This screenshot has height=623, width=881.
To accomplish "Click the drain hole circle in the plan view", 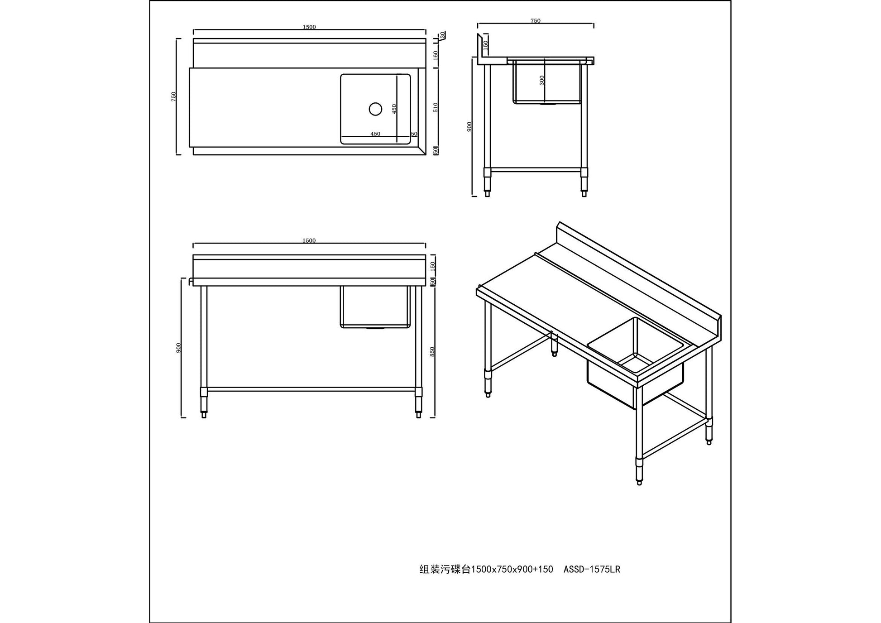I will [375, 109].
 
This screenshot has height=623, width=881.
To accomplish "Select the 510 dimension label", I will [436, 107].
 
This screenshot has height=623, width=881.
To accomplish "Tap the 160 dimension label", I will [436, 55].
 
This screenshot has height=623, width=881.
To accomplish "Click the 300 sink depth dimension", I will [542, 80].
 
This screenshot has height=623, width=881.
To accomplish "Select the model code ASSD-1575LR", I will [592, 570].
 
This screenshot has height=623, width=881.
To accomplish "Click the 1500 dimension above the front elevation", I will [309, 241].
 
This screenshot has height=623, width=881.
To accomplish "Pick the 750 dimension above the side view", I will [535, 21].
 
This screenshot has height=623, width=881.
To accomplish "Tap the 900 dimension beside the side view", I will [469, 127].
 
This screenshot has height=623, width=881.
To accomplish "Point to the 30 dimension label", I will [442, 35].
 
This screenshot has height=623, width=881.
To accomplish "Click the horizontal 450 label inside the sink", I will [375, 134].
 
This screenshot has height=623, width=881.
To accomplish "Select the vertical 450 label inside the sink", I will [394, 109].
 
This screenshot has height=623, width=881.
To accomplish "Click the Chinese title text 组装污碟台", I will [445, 570].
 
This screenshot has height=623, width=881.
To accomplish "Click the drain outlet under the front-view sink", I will [375, 327].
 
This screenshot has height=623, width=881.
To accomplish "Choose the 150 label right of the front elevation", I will [432, 266].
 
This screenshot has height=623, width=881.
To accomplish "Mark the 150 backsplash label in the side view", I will [485, 45].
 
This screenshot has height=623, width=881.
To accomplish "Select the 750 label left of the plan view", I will [173, 96].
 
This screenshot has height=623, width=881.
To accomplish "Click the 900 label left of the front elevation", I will [179, 348].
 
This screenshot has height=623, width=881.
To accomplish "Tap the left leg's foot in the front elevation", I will [204, 414].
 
